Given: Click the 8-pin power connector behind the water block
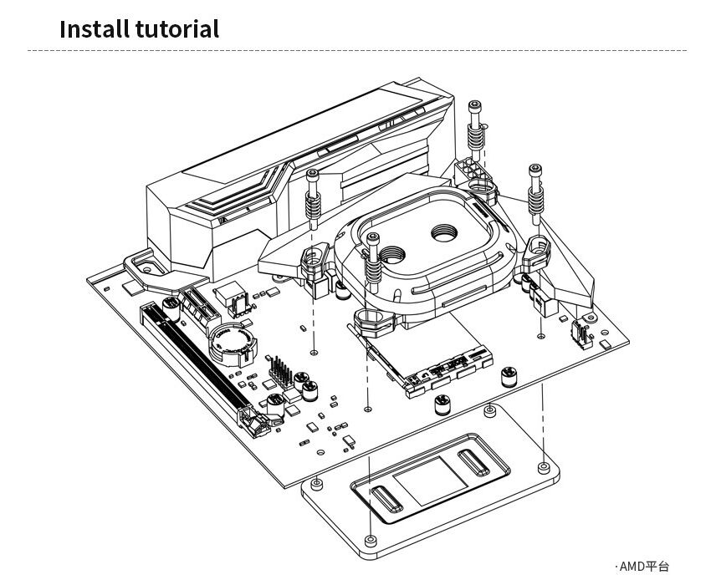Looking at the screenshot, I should pos(475,169).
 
